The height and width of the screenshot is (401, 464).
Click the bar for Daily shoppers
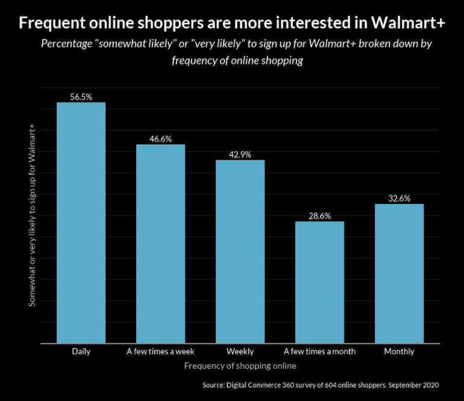tap(81, 223)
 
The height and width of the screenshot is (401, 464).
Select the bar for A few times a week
tap(160, 244)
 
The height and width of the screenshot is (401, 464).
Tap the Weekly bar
tap(240, 251)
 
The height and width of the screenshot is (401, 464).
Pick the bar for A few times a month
tap(319, 282)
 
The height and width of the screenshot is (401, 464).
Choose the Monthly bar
tap(399, 273)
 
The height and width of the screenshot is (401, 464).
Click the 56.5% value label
tap(81, 96)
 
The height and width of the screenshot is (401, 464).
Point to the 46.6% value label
tap(160, 139)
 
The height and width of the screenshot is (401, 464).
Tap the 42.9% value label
tap(240, 154)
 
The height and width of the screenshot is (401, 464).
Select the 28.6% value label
tap(319, 215)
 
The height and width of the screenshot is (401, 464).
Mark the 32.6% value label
tap(399, 198)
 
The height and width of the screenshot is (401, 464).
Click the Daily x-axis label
tap(81, 352)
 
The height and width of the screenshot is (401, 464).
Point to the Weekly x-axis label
tap(240, 352)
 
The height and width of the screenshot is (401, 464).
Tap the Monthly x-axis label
tap(399, 352)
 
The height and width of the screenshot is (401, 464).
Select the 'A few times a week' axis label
tap(160, 352)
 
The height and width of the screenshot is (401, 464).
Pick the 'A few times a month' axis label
tap(319, 352)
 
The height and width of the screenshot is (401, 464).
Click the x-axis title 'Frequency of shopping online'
tap(240, 365)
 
